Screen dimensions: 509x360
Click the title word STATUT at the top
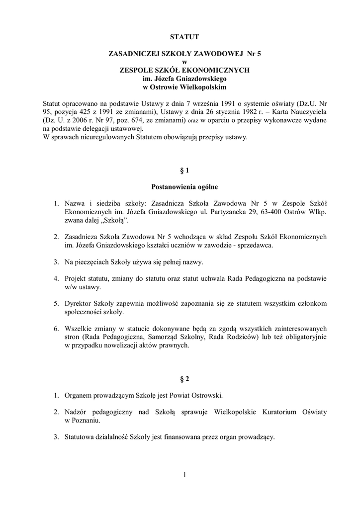[x=184, y=37]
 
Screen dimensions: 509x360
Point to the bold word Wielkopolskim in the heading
[x=206, y=87]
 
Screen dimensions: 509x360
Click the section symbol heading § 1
[x=184, y=171]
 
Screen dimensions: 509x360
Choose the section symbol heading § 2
[x=184, y=380]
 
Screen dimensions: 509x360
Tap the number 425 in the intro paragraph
[x=88, y=112]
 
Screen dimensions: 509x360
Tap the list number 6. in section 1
[x=57, y=329]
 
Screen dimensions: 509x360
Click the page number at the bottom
[x=184, y=475]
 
